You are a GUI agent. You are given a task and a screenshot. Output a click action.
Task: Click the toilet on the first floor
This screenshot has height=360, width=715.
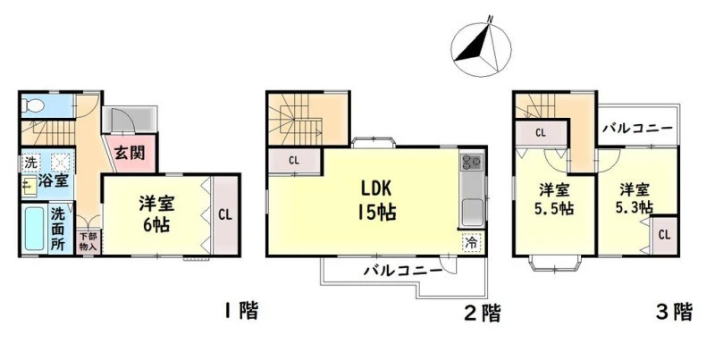[33, 106]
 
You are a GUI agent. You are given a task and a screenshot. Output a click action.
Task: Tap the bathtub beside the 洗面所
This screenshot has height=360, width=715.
[35, 229]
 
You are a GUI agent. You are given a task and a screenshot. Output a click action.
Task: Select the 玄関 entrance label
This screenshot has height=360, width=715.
[129, 153]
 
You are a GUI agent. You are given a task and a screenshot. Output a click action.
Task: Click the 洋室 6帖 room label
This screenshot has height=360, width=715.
[156, 213]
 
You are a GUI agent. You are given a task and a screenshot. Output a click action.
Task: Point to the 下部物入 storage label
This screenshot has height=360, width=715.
[88, 242]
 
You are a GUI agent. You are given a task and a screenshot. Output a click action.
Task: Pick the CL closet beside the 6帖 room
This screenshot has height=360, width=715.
[225, 214]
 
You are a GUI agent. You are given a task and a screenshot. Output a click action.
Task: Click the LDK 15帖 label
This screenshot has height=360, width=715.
[378, 199]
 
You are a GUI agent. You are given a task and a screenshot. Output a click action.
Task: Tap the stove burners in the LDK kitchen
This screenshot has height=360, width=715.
[472, 161]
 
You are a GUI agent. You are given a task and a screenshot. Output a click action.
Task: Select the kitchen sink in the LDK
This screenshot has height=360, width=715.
[472, 213]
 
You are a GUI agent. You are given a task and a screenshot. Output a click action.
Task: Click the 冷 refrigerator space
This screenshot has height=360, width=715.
[472, 242]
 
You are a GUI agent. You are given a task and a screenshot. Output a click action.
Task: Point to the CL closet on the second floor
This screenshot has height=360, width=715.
[294, 161]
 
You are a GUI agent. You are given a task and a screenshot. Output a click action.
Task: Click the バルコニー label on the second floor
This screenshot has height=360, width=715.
[403, 272]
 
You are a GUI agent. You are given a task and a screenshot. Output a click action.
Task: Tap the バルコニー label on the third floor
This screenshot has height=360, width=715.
[637, 128]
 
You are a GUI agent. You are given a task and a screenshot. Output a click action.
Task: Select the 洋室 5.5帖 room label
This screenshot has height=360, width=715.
[554, 198]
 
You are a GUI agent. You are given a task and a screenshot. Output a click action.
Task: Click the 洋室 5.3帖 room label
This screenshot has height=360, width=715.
[635, 198]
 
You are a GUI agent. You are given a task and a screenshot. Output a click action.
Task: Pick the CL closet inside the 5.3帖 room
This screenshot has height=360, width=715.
[664, 235]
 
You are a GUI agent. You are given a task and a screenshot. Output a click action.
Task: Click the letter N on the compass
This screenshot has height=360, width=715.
[490, 19]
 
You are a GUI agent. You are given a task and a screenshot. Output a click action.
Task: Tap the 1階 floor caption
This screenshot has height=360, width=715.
[241, 312]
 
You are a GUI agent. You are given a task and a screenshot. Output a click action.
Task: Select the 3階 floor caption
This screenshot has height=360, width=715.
[674, 312]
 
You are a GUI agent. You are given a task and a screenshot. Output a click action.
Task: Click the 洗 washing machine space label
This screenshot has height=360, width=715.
[30, 162]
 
